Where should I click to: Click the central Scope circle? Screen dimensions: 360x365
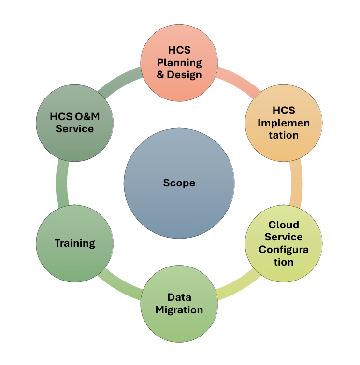click(179, 183)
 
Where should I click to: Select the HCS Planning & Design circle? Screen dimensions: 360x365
click(179, 63)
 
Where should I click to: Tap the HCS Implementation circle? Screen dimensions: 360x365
click(284, 123)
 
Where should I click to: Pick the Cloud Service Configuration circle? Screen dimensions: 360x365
click(284, 243)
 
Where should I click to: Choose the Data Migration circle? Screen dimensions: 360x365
click(179, 304)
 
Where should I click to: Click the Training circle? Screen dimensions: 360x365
click(74, 243)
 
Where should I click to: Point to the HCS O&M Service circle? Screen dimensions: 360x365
click(74, 123)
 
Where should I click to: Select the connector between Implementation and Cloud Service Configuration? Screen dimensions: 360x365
click(297, 183)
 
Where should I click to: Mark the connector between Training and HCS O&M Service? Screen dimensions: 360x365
click(62, 183)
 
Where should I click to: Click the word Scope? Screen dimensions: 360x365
click(179, 183)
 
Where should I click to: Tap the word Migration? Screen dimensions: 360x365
click(179, 310)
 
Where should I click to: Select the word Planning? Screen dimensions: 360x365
click(179, 63)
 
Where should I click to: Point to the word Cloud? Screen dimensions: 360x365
click(284, 225)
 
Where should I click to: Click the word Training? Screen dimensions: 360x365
click(75, 243)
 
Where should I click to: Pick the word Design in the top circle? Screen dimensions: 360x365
click(184, 75)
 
